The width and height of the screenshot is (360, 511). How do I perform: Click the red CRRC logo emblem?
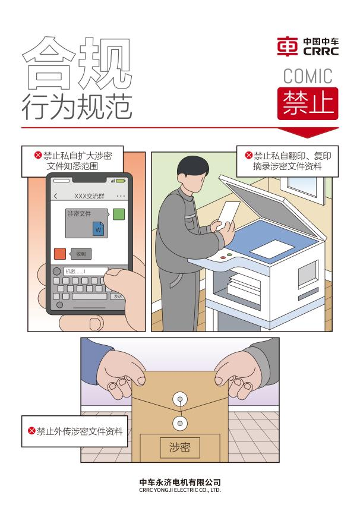[x=287, y=46]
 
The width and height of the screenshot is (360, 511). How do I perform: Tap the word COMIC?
[x=308, y=76]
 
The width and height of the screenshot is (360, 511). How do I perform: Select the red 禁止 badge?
[x=308, y=103]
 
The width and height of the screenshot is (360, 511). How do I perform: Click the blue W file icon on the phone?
[x=99, y=229]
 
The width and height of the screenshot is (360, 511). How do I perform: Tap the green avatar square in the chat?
[x=119, y=214]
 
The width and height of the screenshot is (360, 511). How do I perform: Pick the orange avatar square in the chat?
[x=59, y=254]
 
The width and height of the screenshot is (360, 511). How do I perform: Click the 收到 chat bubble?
[x=81, y=254]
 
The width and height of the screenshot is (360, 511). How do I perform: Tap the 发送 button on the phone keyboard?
[x=118, y=296]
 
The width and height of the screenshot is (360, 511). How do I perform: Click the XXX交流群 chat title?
[x=89, y=196]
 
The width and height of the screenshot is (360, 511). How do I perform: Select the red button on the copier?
[x=223, y=257]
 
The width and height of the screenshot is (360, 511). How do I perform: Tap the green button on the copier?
[x=229, y=254]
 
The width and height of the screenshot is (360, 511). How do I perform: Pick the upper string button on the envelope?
[x=179, y=399]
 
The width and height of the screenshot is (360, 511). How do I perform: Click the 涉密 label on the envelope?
[x=179, y=447]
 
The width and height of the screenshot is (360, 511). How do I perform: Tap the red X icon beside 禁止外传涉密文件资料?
[x=31, y=431]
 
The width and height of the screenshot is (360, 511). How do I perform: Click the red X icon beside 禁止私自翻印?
[x=249, y=155]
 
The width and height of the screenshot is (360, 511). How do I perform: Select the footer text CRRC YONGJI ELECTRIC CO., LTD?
[x=180, y=490]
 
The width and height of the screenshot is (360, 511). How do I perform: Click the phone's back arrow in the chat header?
[x=56, y=196]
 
